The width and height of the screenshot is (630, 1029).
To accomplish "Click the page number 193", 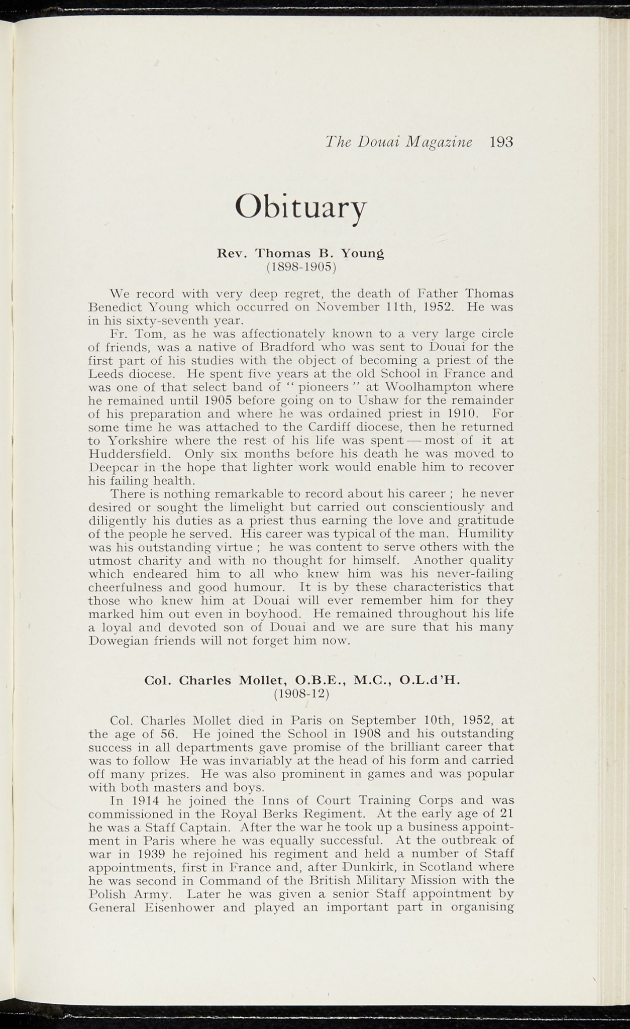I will pos(501,142).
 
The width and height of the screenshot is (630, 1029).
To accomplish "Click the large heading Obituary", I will pos(301,207).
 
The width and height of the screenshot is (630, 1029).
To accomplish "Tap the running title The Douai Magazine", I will pos(398,142).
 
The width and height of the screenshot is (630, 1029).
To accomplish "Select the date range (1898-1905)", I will pos(301,266).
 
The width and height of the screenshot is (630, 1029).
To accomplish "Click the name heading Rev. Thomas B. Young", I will pos(301,253).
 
